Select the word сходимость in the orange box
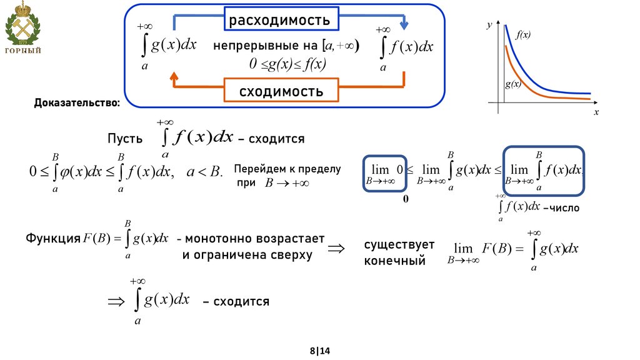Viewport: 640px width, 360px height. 281,92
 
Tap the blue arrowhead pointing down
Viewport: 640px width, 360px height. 404,25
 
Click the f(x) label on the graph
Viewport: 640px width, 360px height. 523,35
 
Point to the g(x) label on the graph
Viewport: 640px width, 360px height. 514,83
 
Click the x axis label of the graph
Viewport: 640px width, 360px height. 596,112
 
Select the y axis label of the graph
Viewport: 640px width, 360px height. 489,26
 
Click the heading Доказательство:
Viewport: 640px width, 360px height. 77,102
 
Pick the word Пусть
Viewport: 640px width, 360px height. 125,139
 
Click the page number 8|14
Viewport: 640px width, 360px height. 319,351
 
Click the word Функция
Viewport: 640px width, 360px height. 52,238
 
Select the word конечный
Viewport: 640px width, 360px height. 394,260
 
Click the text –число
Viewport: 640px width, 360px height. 561,207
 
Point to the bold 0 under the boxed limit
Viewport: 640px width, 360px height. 405,199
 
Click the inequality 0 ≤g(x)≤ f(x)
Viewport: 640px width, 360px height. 288,64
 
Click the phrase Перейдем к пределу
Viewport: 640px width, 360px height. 287,169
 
